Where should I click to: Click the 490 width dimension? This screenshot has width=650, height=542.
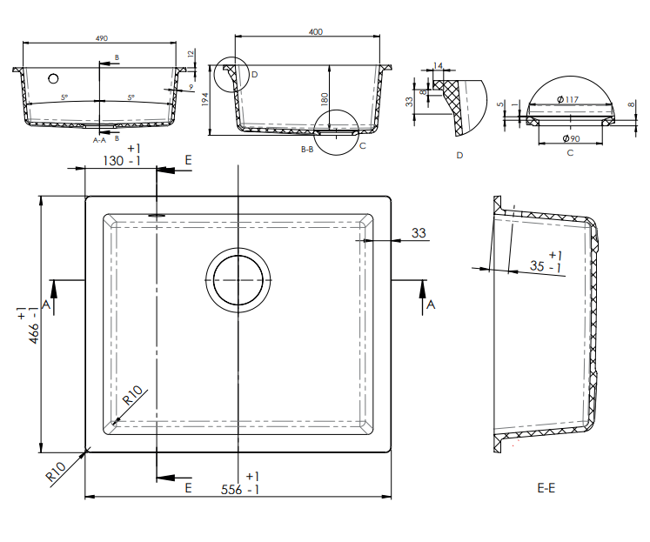click(x=101, y=38)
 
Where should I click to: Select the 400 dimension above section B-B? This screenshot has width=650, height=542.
click(x=315, y=32)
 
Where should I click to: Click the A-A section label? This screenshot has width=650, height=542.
click(x=99, y=138)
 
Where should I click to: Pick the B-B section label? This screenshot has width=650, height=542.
click(x=306, y=150)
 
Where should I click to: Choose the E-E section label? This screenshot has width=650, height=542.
click(x=546, y=488)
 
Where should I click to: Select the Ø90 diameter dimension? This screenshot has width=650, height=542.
click(x=571, y=138)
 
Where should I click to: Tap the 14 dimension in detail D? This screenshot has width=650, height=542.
click(x=438, y=66)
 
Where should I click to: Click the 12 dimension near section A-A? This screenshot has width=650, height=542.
click(x=191, y=53)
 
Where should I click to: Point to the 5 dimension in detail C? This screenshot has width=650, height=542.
click(x=500, y=104)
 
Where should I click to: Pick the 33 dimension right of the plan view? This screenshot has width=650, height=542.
click(x=419, y=233)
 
